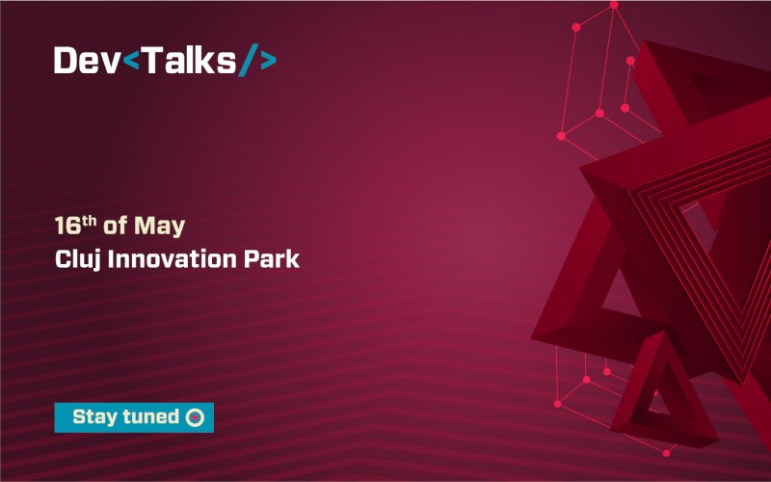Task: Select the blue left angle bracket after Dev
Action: [x=133, y=62]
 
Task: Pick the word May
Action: [x=158, y=228]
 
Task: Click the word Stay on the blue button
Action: [x=94, y=417]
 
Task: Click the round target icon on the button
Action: [x=195, y=417]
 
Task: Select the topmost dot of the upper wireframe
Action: [x=613, y=5]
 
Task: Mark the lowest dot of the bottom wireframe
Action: [x=665, y=453]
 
